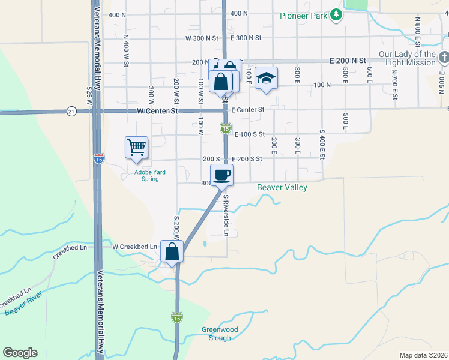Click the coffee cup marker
point(221,175)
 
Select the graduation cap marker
point(266,78)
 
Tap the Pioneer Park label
point(303,16)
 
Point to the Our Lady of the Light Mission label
point(407,58)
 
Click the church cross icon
point(444,58)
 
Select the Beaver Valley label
point(282,188)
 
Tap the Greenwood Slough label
point(216,334)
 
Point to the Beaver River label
point(22,303)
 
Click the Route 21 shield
point(71,111)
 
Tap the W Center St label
point(158,111)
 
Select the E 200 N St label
point(348,61)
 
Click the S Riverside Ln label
point(226,214)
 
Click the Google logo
point(20,353)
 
